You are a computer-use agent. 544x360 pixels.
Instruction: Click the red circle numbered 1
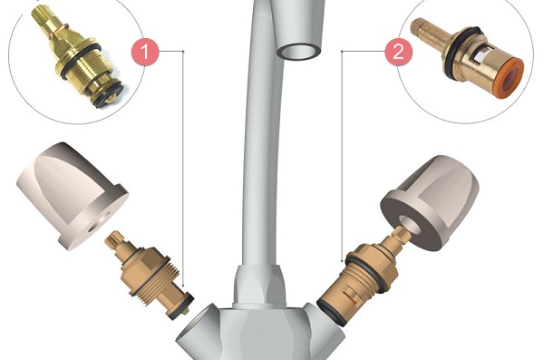(x=145, y=52)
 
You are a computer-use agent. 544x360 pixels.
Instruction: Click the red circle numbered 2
(x=399, y=52)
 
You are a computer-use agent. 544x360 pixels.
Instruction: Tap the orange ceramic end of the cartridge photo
(x=511, y=78)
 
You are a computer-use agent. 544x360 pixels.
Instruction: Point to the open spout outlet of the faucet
(x=298, y=52)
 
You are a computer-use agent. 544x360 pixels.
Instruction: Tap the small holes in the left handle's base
(x=101, y=222)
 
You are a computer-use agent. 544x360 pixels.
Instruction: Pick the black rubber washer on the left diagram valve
(x=180, y=306)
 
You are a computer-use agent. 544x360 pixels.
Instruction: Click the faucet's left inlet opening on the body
(x=199, y=328)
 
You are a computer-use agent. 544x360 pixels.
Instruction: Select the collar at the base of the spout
(x=259, y=287)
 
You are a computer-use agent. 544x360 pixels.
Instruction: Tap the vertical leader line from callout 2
(x=342, y=156)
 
